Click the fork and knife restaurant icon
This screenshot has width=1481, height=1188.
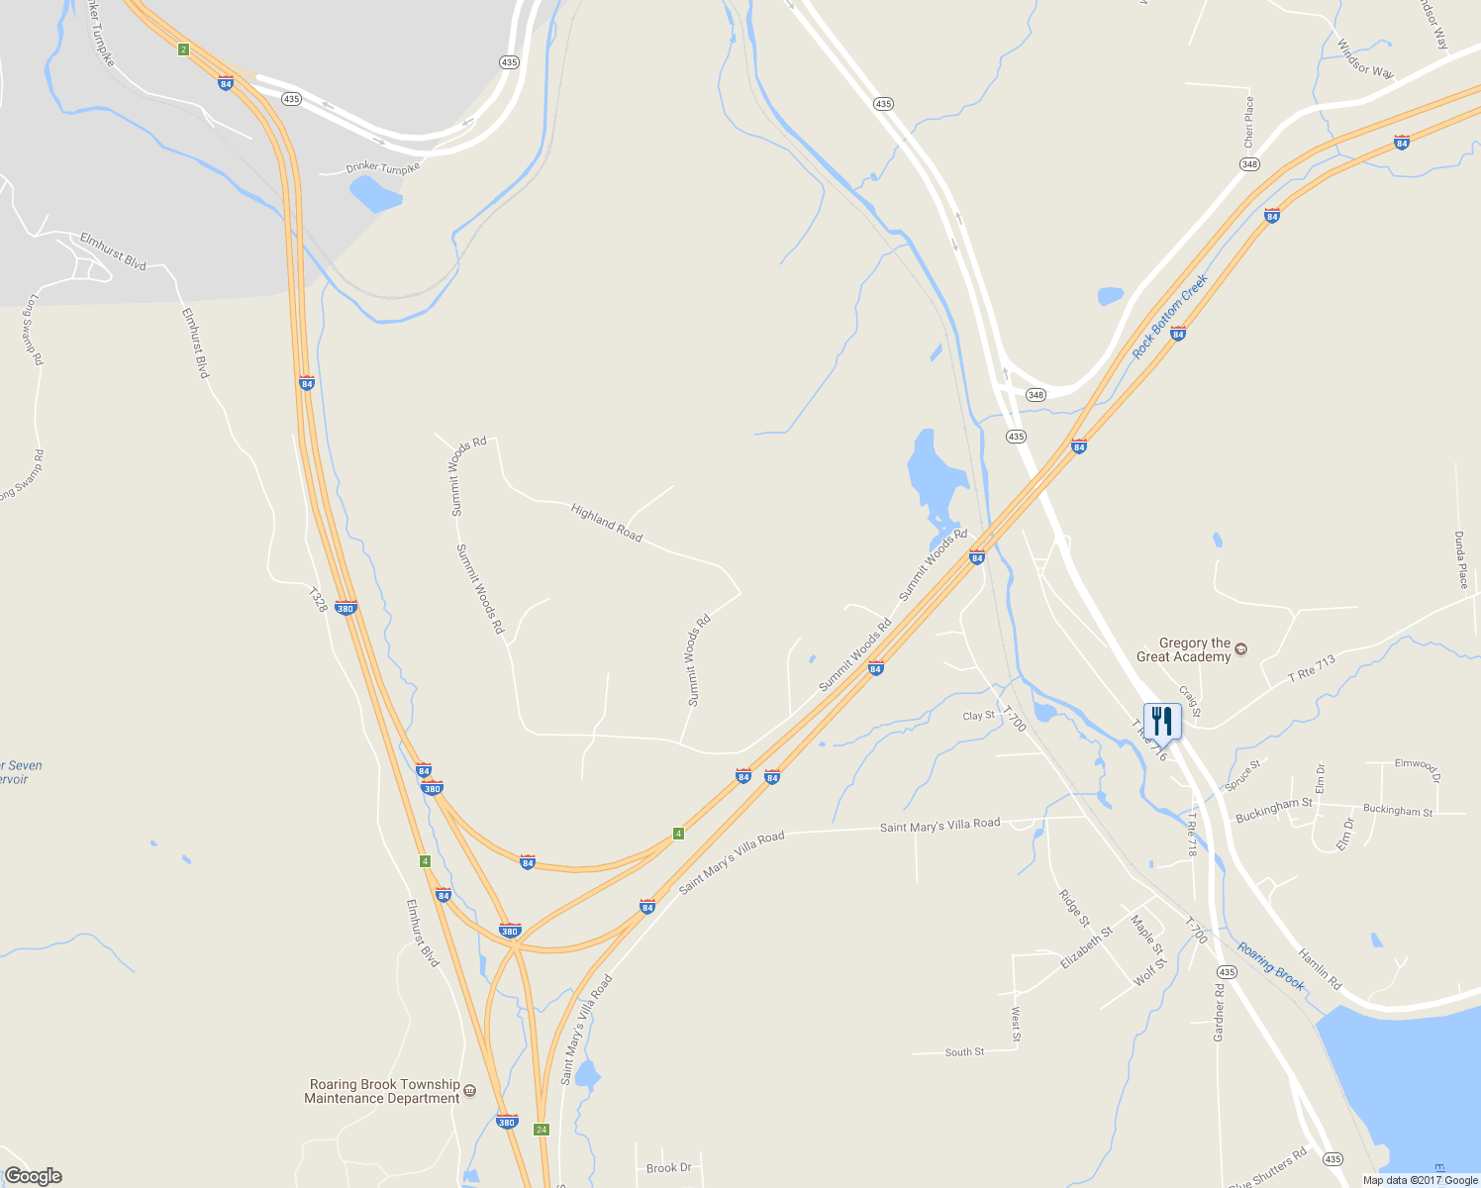click(1162, 721)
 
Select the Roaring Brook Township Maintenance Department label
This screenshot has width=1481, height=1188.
click(384, 1091)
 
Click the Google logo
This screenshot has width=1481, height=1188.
click(33, 1176)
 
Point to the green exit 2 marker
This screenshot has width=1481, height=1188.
click(183, 49)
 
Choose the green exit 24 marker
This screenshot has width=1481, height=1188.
click(541, 1130)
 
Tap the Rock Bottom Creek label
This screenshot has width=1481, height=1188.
click(1171, 316)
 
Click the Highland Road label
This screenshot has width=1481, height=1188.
click(607, 522)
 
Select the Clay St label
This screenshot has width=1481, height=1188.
click(978, 716)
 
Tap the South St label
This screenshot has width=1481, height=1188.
click(964, 1051)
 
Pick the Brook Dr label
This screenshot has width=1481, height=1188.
click(668, 1168)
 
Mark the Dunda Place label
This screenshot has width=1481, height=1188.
click(1461, 559)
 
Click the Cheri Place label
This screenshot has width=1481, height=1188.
click(1249, 123)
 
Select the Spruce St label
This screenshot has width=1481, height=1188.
click(1243, 775)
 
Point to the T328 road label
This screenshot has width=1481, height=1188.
click(317, 601)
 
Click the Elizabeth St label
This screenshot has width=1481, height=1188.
click(1086, 947)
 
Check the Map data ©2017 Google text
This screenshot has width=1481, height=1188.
click(1420, 1180)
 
